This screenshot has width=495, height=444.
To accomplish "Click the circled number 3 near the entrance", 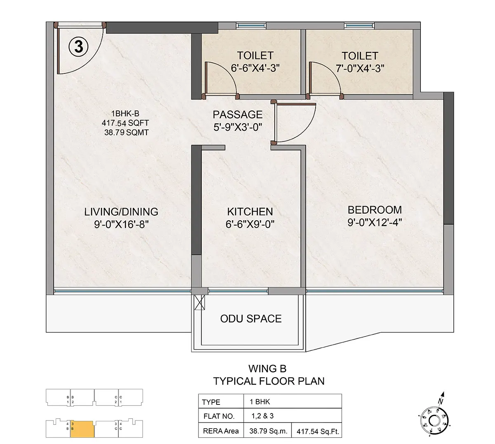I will [78, 47].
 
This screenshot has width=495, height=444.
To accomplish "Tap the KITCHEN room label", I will [250, 211].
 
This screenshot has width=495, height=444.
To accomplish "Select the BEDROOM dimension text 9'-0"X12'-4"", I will [375, 223].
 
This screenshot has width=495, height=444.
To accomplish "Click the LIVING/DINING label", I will [121, 211].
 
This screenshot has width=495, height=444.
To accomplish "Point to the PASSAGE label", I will [238, 114].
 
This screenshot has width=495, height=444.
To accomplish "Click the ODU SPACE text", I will [251, 319].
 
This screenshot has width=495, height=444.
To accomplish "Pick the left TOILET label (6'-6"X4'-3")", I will [255, 56].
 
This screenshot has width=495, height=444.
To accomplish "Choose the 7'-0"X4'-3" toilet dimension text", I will [360, 68].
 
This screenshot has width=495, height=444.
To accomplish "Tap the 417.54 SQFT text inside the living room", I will [125, 123].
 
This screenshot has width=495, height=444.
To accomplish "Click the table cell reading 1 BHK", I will [259, 402].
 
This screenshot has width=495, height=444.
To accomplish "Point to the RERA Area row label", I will [221, 431].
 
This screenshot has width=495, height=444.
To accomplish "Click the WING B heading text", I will [267, 369].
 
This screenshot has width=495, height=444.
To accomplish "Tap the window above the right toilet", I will [358, 26].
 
